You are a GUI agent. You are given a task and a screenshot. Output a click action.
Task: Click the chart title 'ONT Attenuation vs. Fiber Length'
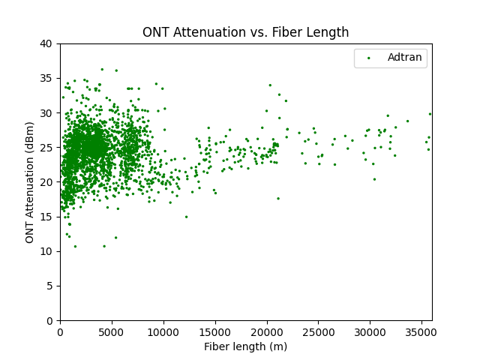pyautogui.click(x=246, y=32)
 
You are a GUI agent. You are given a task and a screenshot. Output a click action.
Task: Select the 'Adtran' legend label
pyautogui.click(x=404, y=57)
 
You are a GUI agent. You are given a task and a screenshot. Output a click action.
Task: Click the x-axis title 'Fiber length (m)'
pyautogui.click(x=246, y=346)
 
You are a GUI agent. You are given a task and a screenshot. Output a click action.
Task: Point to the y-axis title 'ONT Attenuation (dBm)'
pyautogui.click(x=30, y=182)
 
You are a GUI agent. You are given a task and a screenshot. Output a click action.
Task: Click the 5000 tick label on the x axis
pyautogui.click(x=112, y=331)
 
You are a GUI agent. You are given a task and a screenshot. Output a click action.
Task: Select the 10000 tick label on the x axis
pyautogui.click(x=163, y=331)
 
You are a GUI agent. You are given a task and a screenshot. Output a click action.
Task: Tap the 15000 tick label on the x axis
pyautogui.click(x=215, y=331)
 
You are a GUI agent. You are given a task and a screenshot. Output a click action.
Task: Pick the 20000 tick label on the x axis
pyautogui.click(x=267, y=331)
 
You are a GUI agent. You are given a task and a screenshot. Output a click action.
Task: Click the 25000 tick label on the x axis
pyautogui.click(x=319, y=331)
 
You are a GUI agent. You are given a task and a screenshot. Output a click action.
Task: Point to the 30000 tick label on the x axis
pyautogui.click(x=370, y=331)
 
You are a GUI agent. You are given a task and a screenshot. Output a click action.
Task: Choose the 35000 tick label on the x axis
pyautogui.click(x=421, y=331)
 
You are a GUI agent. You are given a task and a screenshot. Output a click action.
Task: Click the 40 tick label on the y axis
pyautogui.click(x=46, y=44)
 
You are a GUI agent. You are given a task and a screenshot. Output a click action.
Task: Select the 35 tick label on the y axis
pyautogui.click(x=46, y=79)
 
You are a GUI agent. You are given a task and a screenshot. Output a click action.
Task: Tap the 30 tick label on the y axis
pyautogui.click(x=46, y=113)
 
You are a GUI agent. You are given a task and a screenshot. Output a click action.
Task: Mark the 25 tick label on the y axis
pyautogui.click(x=46, y=148)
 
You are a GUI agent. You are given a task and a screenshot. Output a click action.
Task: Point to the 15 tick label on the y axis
pyautogui.click(x=46, y=217)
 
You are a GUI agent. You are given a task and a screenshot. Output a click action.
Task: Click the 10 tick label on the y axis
pyautogui.click(x=46, y=251)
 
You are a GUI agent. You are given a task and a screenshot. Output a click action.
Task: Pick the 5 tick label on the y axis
pyautogui.click(x=49, y=286)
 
